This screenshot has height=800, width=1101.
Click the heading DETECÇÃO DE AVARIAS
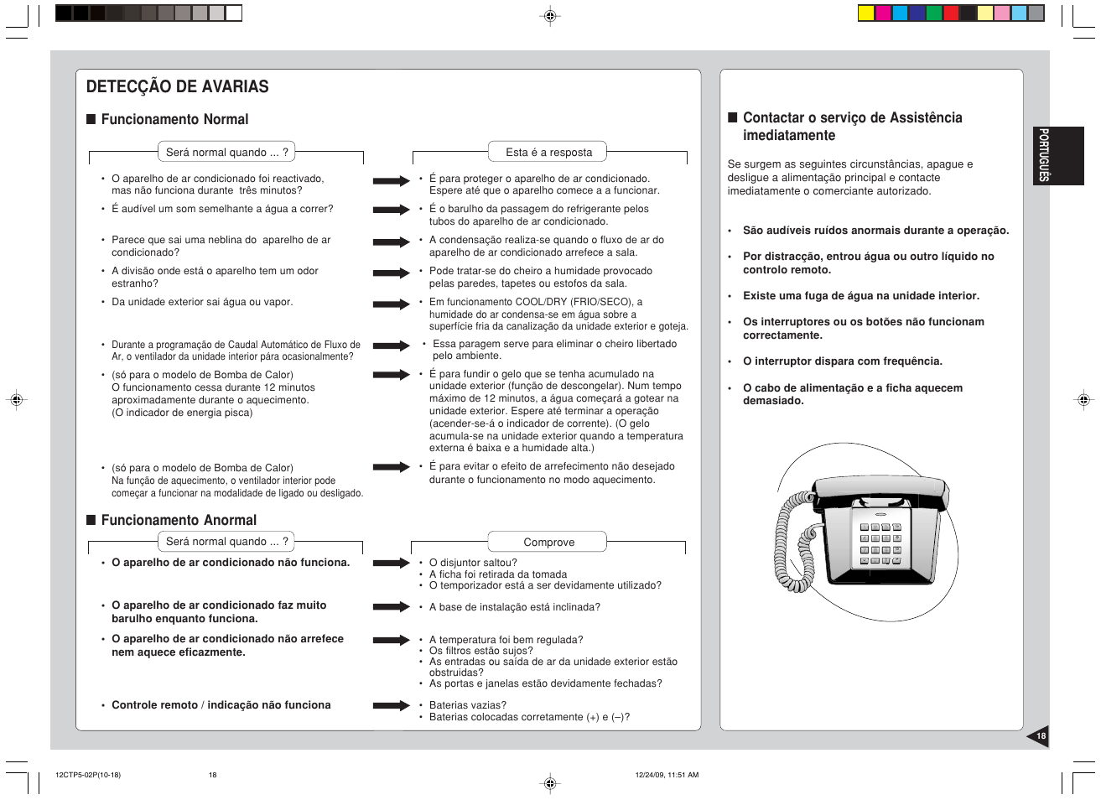pos(177,86)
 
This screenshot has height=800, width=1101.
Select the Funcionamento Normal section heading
pos(174,119)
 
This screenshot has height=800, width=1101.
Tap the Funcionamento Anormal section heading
pos(179,520)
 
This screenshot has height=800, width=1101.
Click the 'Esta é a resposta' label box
pos(548,152)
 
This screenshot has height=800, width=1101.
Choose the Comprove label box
pos(548,542)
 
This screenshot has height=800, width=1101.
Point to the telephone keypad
pos(880,543)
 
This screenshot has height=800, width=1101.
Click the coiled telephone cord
pos(792,541)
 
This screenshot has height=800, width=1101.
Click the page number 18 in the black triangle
pos(1041,736)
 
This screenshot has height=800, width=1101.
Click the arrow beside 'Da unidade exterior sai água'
pos(391,304)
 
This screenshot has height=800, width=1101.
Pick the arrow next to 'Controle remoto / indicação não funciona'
pos(391,705)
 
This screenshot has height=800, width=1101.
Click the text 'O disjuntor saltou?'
pos(473,563)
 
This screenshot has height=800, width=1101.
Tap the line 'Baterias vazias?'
pos(468,705)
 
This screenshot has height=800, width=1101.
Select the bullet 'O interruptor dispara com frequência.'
pos(842,361)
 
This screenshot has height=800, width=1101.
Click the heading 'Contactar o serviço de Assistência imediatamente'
pos(852,127)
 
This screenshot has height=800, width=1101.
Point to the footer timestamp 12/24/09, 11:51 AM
pos(667,775)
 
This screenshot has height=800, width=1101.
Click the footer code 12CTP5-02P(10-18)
pos(88,775)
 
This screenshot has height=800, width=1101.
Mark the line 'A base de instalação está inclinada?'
pos(514,607)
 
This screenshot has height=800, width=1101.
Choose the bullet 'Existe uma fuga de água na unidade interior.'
pos(860,296)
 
